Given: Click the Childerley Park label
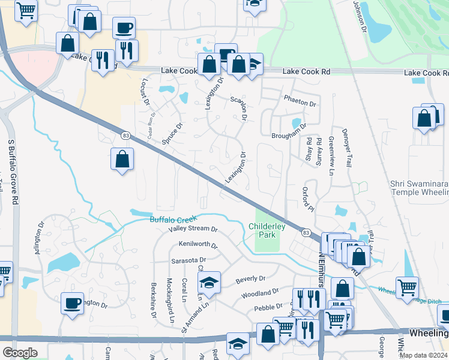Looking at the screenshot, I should point(265,230).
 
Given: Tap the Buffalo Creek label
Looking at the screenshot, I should point(173,220).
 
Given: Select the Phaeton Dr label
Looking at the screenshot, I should point(300,103).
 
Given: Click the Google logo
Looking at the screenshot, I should point(20,352).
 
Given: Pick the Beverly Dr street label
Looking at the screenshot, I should point(250,279).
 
